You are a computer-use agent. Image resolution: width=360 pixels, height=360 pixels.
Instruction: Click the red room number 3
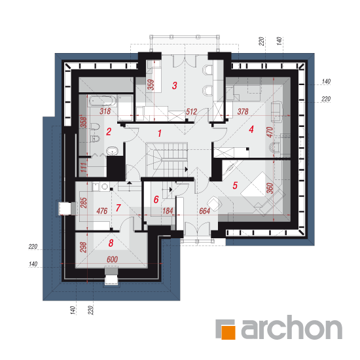(x=175, y=86)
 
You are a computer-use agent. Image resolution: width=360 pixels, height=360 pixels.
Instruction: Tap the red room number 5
(x=235, y=185)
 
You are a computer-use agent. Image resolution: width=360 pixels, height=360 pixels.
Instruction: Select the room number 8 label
(x=111, y=243)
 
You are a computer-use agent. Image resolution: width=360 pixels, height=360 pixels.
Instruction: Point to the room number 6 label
(x=156, y=200)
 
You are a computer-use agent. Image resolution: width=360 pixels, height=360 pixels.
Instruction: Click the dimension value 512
(x=191, y=112)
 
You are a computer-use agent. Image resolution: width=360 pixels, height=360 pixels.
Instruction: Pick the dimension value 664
(x=204, y=211)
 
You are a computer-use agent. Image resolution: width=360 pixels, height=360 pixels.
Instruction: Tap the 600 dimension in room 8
(x=113, y=259)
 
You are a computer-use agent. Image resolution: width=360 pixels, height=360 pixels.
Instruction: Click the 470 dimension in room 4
(x=270, y=132)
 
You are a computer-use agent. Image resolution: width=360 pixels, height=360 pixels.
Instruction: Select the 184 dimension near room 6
(x=168, y=211)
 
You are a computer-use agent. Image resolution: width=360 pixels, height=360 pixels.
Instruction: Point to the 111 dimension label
(x=84, y=168)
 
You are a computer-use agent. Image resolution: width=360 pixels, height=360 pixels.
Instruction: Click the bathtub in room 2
(x=102, y=101)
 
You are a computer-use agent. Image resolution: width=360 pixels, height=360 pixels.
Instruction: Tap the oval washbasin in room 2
(x=113, y=151)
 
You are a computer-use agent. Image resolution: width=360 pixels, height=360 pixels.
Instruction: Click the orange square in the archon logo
(x=228, y=333)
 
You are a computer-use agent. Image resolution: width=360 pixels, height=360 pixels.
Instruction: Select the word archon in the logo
(x=291, y=327)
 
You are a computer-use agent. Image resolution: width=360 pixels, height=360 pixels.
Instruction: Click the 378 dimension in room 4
(x=243, y=112)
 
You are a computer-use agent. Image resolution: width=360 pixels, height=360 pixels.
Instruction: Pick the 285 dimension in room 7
(x=84, y=203)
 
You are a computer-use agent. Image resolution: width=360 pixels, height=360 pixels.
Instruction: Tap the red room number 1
(x=160, y=134)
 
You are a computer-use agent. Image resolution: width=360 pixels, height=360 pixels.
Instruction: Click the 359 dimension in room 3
(x=151, y=84)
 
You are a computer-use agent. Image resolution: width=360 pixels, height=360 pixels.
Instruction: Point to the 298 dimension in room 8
(x=83, y=247)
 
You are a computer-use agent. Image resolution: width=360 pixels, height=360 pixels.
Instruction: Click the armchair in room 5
(x=214, y=203)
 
